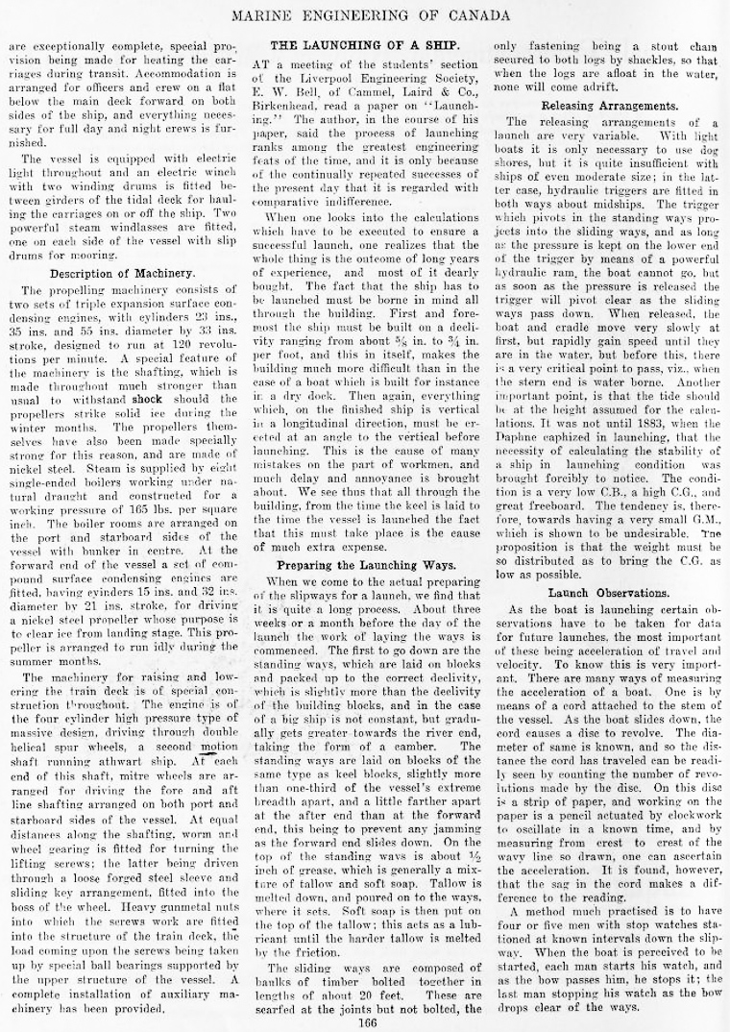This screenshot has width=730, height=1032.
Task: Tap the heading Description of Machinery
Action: pos(122,274)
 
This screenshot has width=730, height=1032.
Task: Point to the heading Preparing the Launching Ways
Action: pos(367,565)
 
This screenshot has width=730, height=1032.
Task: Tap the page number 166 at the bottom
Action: pos(365,1021)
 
